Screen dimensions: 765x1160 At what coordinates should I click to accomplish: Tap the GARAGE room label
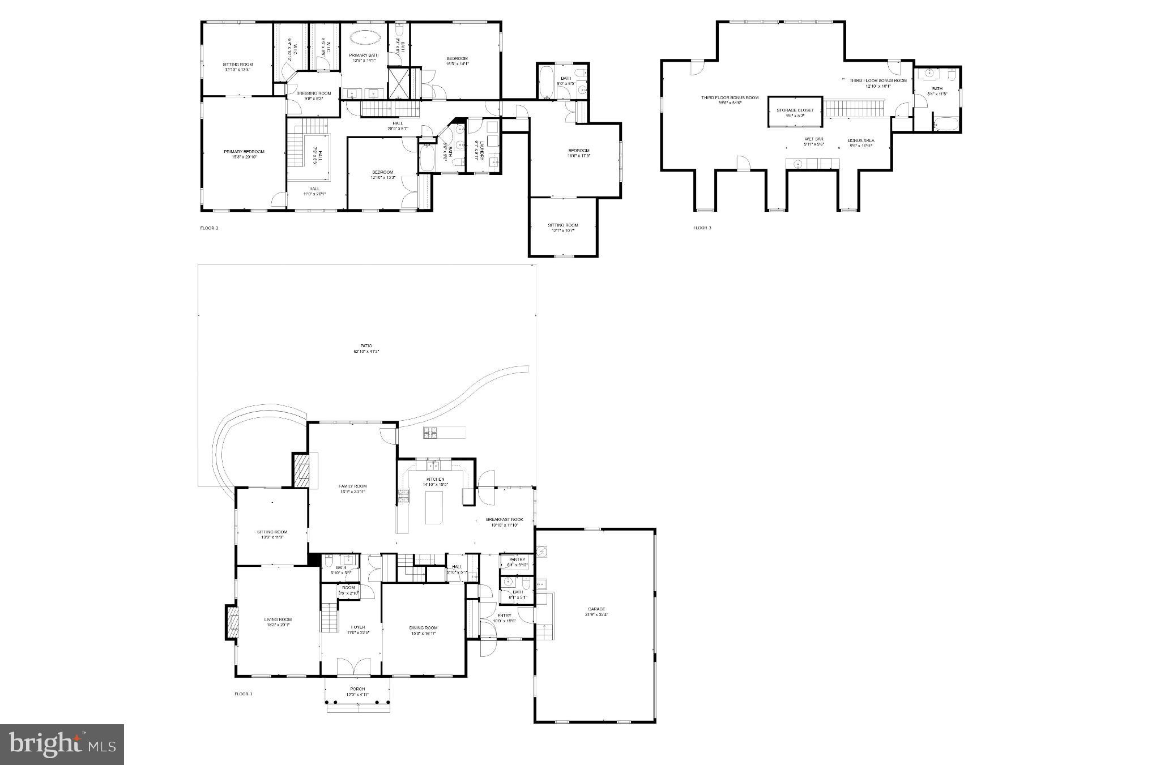595,609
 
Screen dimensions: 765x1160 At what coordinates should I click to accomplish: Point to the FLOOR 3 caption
702,228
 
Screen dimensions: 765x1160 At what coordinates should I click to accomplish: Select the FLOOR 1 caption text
243,694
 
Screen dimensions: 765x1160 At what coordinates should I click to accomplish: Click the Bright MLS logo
62,743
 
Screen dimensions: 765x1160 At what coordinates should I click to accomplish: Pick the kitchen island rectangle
434,507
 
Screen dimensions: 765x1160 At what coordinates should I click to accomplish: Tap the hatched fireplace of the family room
300,469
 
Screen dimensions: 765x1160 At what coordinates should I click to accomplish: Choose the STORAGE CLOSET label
795,110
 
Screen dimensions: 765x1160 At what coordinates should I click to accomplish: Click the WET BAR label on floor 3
814,139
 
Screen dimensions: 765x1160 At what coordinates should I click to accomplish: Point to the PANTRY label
517,559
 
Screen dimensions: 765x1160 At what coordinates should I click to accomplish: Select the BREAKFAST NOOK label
505,519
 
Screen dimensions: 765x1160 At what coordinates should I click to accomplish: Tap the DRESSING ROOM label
314,93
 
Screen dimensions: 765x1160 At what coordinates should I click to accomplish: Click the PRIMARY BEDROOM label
244,152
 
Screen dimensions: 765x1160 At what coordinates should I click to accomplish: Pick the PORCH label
357,689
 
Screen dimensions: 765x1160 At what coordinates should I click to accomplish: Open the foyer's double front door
354,666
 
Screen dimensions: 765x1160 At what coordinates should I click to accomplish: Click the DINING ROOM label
424,627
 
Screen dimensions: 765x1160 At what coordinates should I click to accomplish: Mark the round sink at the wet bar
797,164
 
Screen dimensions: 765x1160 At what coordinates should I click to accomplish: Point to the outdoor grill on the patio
430,433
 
